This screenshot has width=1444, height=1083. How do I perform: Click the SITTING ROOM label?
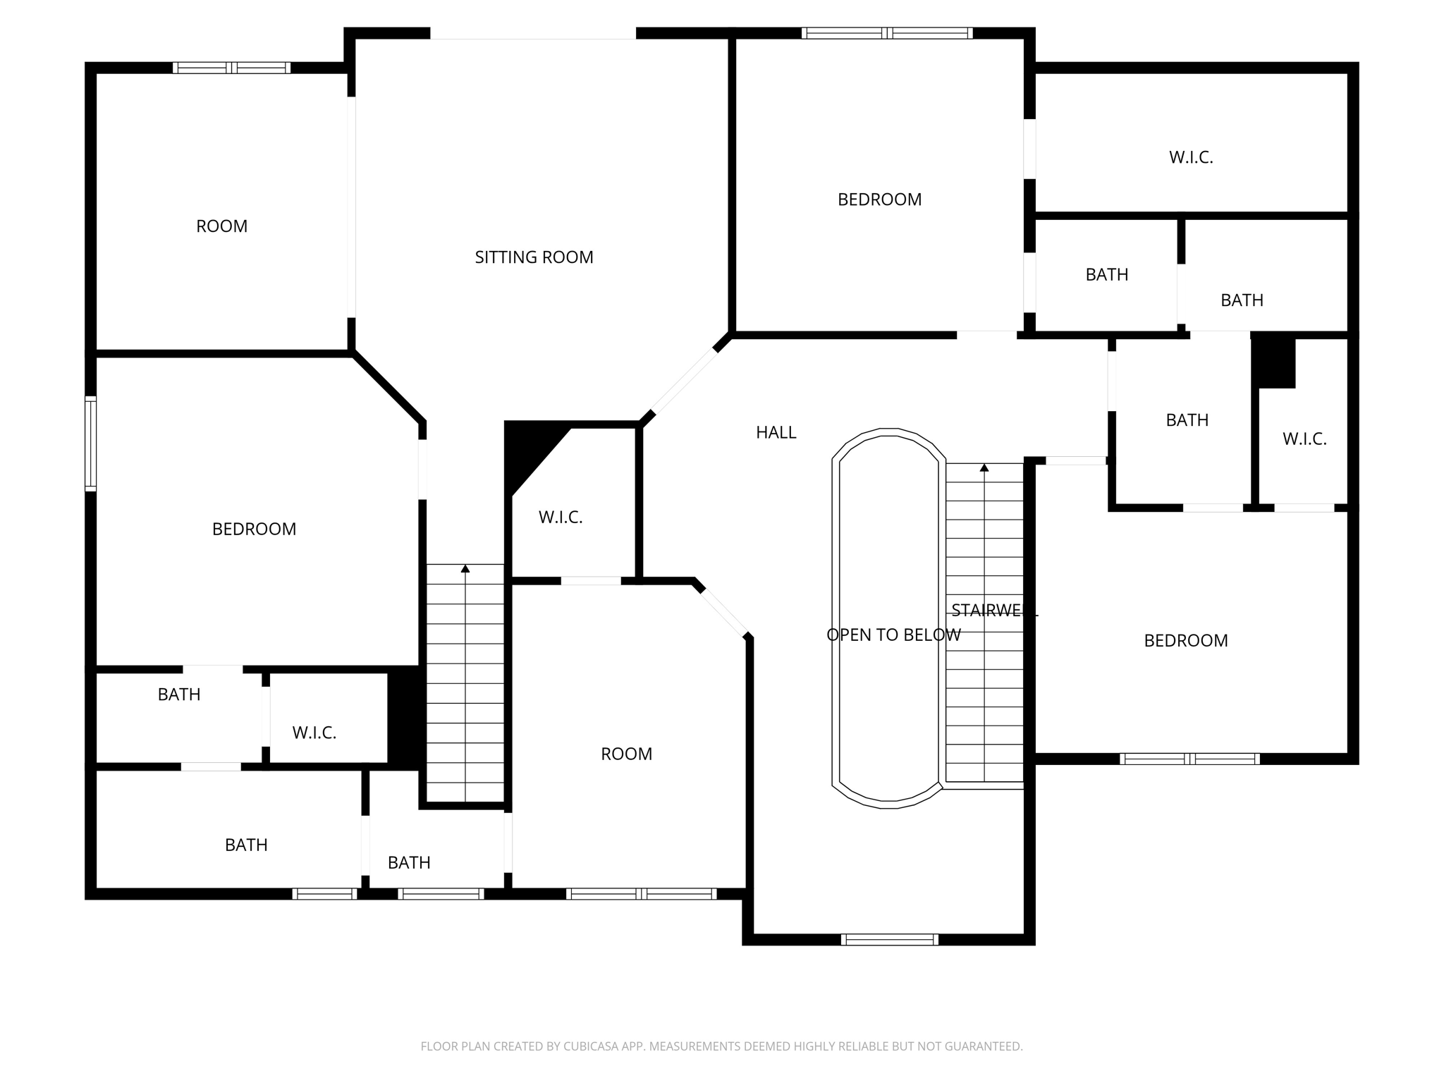pyautogui.click(x=534, y=257)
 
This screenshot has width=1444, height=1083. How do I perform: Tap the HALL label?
pyautogui.click(x=776, y=432)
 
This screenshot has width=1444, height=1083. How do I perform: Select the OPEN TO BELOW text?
pyautogui.click(x=893, y=635)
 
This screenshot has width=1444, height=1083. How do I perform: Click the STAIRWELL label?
pyautogui.click(x=994, y=610)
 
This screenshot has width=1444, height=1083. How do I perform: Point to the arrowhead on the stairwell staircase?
pyautogui.click(x=984, y=467)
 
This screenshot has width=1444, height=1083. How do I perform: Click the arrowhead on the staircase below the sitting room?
pyautogui.click(x=465, y=568)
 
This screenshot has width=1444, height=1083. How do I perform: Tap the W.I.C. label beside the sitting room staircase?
pyautogui.click(x=561, y=518)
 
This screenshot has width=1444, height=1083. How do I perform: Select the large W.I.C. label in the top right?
pyautogui.click(x=1191, y=157)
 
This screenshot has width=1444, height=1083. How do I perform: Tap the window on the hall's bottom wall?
pyautogui.click(x=890, y=939)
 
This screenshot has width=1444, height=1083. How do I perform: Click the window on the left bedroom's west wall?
pyautogui.click(x=90, y=443)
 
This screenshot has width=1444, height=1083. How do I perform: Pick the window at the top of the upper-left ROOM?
pyautogui.click(x=231, y=68)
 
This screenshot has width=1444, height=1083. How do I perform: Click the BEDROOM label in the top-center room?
pyautogui.click(x=879, y=200)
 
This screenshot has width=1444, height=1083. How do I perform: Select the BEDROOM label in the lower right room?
pyautogui.click(x=1185, y=640)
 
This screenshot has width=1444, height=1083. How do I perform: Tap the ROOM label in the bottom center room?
pyautogui.click(x=626, y=754)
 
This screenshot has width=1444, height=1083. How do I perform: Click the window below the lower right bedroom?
pyautogui.click(x=1189, y=759)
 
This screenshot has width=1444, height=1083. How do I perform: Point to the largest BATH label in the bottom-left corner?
pyautogui.click(x=246, y=845)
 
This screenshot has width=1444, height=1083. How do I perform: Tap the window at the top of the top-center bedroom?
pyautogui.click(x=887, y=32)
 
